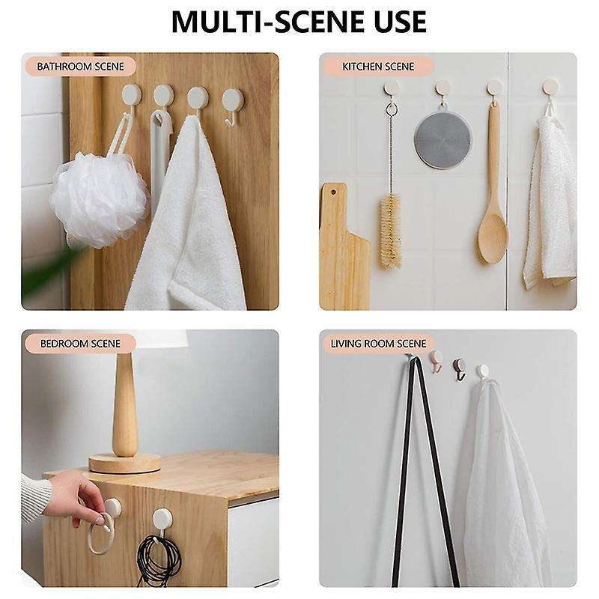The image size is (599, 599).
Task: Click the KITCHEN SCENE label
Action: (378, 66)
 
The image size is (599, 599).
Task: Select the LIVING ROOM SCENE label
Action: (378, 344)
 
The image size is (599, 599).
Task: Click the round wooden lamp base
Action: (124, 462)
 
